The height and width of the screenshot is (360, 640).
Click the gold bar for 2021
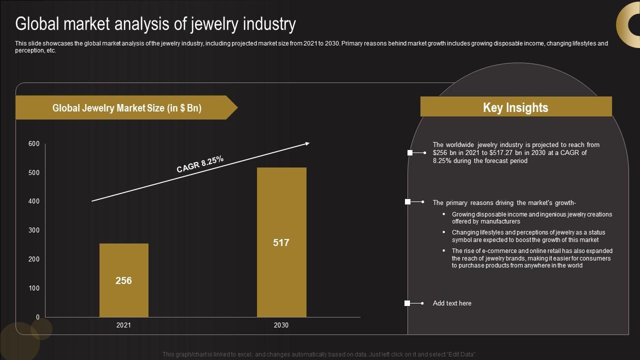tap(123, 260)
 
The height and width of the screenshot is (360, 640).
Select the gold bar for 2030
tap(281, 210)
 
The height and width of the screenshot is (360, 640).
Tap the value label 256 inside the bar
tap(123, 280)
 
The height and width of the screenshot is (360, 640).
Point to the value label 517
tap(281, 242)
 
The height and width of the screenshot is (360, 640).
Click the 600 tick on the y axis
tap(34, 144)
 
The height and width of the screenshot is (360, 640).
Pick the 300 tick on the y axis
tap(34, 230)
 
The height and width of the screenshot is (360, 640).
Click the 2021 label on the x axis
tap(123, 325)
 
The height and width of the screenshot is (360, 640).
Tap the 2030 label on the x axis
tap(281, 325)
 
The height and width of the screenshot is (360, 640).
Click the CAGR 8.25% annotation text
tap(200, 164)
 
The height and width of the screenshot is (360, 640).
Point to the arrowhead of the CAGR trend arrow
tap(307, 144)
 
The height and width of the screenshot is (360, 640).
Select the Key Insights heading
tap(515, 107)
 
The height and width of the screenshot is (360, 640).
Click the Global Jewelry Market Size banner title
tap(126, 108)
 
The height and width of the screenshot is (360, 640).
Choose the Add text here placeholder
tap(452, 303)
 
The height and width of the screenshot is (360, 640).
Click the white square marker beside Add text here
tap(407, 303)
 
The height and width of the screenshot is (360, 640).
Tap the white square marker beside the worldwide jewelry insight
tap(410, 152)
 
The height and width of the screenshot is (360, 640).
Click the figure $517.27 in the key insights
tap(503, 153)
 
